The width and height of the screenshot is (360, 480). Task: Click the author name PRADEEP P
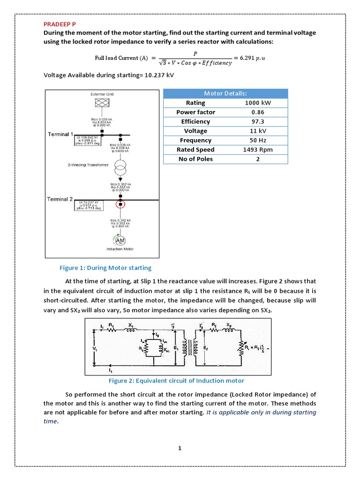pyautogui.click(x=60, y=23)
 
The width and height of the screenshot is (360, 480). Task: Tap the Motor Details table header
pyautogui.click(x=225, y=93)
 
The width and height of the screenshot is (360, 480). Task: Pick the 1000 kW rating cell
pyautogui.click(x=257, y=103)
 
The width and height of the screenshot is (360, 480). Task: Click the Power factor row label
pyautogui.click(x=195, y=112)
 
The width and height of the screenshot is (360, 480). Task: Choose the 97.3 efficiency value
pyautogui.click(x=257, y=121)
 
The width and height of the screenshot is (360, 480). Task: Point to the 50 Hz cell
pyautogui.click(x=257, y=140)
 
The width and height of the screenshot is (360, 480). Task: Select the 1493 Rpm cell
pyautogui.click(x=257, y=150)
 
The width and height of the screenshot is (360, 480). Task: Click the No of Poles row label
pyautogui.click(x=195, y=159)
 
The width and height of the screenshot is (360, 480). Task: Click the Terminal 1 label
pyautogui.click(x=60, y=134)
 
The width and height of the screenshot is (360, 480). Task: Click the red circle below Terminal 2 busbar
pyautogui.click(x=120, y=204)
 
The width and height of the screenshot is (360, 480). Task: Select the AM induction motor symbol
pyautogui.click(x=120, y=240)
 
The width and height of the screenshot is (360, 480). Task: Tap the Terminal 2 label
pyautogui.click(x=60, y=199)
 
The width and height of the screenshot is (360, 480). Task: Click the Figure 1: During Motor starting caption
pyautogui.click(x=105, y=268)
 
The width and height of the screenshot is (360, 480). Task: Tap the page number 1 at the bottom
pyautogui.click(x=180, y=448)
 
